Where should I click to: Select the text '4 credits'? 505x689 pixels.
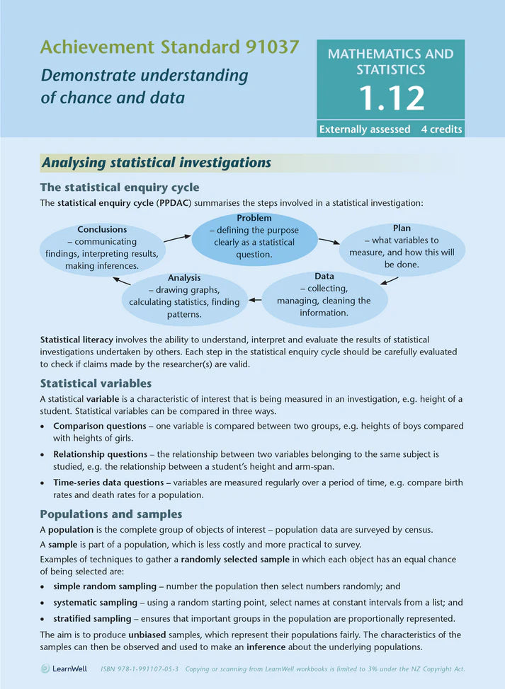(441, 129)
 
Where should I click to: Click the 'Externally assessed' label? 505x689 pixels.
(365, 129)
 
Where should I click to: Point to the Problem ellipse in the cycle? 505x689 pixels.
(254, 237)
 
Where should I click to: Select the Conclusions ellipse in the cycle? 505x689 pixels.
(102, 248)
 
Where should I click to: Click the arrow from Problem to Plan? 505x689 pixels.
(329, 241)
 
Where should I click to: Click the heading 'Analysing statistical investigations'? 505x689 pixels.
(157, 163)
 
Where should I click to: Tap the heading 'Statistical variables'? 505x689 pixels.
(96, 383)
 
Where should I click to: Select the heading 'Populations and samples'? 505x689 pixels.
(111, 514)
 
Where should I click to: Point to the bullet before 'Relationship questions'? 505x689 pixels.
(44, 453)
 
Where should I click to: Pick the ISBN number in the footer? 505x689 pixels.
(141, 668)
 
